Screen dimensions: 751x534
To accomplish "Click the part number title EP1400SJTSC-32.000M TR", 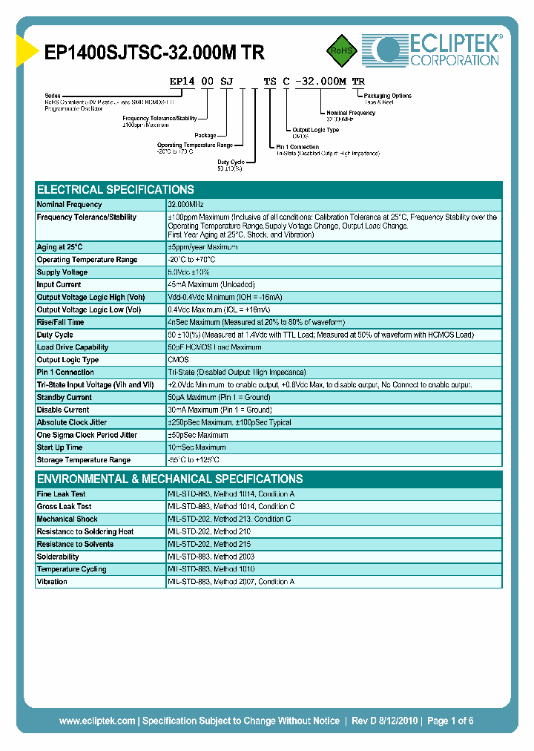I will (154, 51).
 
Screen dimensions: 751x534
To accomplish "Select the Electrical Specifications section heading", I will (116, 189).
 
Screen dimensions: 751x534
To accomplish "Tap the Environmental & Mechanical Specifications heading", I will (170, 479).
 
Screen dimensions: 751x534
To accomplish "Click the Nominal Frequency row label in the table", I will (70, 204).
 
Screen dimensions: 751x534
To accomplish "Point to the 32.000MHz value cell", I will (185, 204).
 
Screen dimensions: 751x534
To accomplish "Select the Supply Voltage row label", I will (62, 272).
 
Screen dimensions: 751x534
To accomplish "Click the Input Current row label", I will (59, 284).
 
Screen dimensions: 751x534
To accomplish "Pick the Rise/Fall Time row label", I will (61, 322).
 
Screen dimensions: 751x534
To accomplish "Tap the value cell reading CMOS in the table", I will (178, 360).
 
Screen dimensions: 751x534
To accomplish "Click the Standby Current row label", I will (65, 397).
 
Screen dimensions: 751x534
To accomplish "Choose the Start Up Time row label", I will (59, 447).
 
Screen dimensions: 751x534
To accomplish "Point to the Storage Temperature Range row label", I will (83, 460).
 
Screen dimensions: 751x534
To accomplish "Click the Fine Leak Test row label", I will (61, 493).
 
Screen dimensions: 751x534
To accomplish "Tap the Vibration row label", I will (52, 582).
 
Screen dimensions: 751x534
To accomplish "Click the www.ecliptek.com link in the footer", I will (97, 721).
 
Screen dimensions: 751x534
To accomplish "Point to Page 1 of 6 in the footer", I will (450, 721).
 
